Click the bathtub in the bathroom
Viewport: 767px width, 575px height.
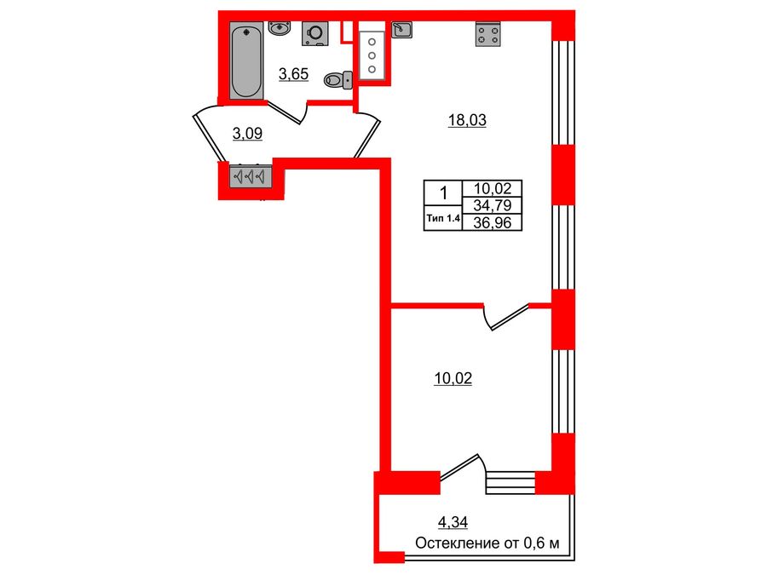click(247, 60)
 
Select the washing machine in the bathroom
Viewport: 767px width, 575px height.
click(314, 32)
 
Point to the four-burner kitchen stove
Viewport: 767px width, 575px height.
click(487, 34)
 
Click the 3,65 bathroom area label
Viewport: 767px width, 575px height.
click(293, 73)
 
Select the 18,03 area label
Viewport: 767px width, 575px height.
click(467, 120)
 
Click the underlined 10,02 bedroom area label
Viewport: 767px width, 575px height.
click(453, 378)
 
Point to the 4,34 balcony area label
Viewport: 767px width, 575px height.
click(453, 522)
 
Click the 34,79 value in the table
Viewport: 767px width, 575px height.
click(491, 204)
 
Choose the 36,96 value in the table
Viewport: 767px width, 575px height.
click(491, 221)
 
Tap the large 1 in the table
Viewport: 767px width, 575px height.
click(441, 193)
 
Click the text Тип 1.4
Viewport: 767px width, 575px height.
click(441, 219)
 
